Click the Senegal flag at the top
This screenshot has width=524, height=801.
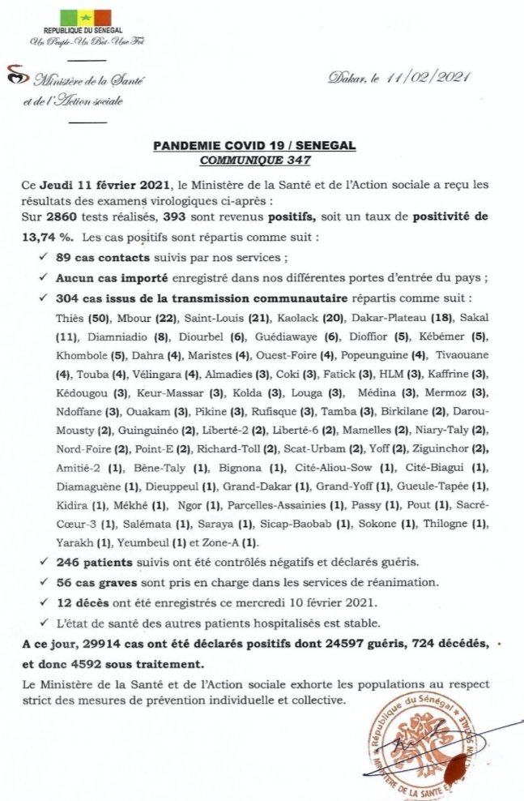[85, 19]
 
